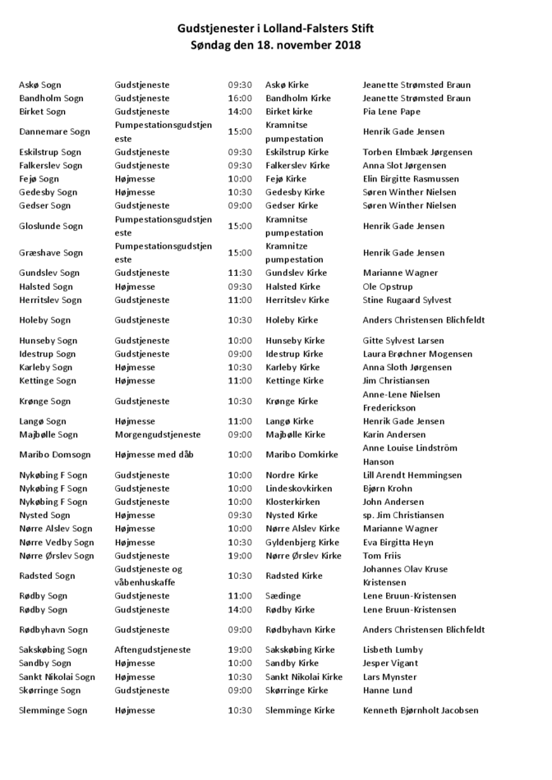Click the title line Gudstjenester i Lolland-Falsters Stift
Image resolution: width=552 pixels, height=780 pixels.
point(275,30)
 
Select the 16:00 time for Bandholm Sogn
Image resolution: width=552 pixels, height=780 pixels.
point(240,99)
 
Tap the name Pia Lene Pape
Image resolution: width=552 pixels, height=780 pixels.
point(391,112)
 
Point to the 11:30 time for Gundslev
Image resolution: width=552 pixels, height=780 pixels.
point(240,273)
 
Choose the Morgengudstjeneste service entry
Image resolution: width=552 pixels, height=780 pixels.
point(157,434)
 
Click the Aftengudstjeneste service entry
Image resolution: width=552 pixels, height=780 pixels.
point(153,649)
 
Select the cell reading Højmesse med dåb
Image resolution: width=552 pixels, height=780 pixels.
point(154,454)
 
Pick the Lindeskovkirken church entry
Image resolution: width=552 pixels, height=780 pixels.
point(299,489)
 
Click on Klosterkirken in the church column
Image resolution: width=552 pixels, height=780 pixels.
point(292,502)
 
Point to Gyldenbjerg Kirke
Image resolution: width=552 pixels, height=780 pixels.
point(302,542)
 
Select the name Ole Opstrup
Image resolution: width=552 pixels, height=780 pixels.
point(388,287)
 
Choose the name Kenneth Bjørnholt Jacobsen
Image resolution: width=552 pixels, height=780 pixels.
point(420,710)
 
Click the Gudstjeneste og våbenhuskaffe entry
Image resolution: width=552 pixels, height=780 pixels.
point(149,575)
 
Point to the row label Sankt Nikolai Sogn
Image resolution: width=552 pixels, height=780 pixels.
point(57,677)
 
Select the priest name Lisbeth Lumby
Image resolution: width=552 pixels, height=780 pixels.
point(393,649)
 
